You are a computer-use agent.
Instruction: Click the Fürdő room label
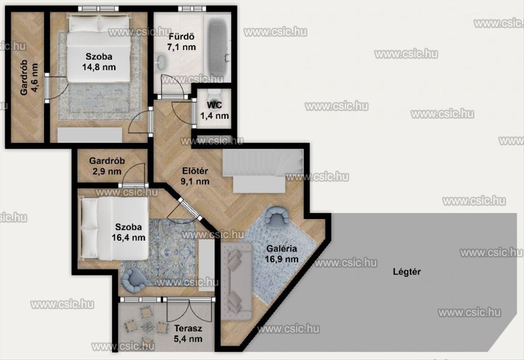coord(182,37)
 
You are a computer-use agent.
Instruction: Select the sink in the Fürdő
coord(161,62)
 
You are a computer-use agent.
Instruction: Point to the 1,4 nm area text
coord(214,116)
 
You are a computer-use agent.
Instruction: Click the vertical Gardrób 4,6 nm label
coord(29,78)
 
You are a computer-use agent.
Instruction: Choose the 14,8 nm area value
coord(99,67)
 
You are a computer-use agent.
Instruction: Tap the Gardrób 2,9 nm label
coord(107,166)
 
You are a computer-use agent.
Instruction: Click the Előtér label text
coord(195,171)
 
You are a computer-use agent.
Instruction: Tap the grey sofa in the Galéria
coord(237,281)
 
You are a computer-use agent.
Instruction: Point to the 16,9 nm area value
coord(282,259)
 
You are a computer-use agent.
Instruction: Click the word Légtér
coord(407,272)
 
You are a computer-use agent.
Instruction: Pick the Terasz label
coord(188,329)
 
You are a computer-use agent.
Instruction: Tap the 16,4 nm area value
coord(128,238)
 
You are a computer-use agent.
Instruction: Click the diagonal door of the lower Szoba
coord(190,209)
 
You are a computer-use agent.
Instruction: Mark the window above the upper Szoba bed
coord(98,9)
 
